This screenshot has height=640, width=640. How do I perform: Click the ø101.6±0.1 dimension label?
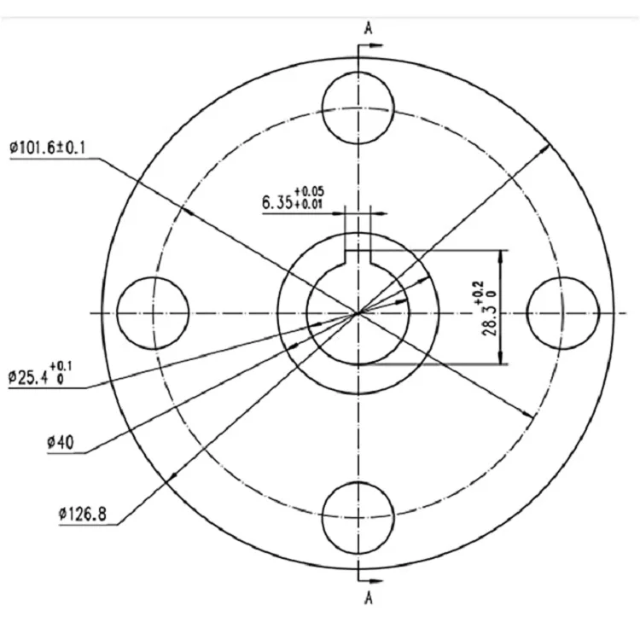point(48,148)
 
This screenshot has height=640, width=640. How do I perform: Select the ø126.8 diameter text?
point(83,514)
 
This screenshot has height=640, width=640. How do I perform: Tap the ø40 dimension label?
point(61,442)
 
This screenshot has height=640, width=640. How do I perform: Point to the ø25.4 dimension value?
point(28,377)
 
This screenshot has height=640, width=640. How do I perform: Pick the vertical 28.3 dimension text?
point(490,321)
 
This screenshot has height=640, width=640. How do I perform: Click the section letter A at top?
point(369,28)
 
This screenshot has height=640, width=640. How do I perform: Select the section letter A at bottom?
point(369,598)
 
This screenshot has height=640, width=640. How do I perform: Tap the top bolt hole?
point(358,108)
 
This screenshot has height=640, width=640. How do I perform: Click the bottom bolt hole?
point(358,518)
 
